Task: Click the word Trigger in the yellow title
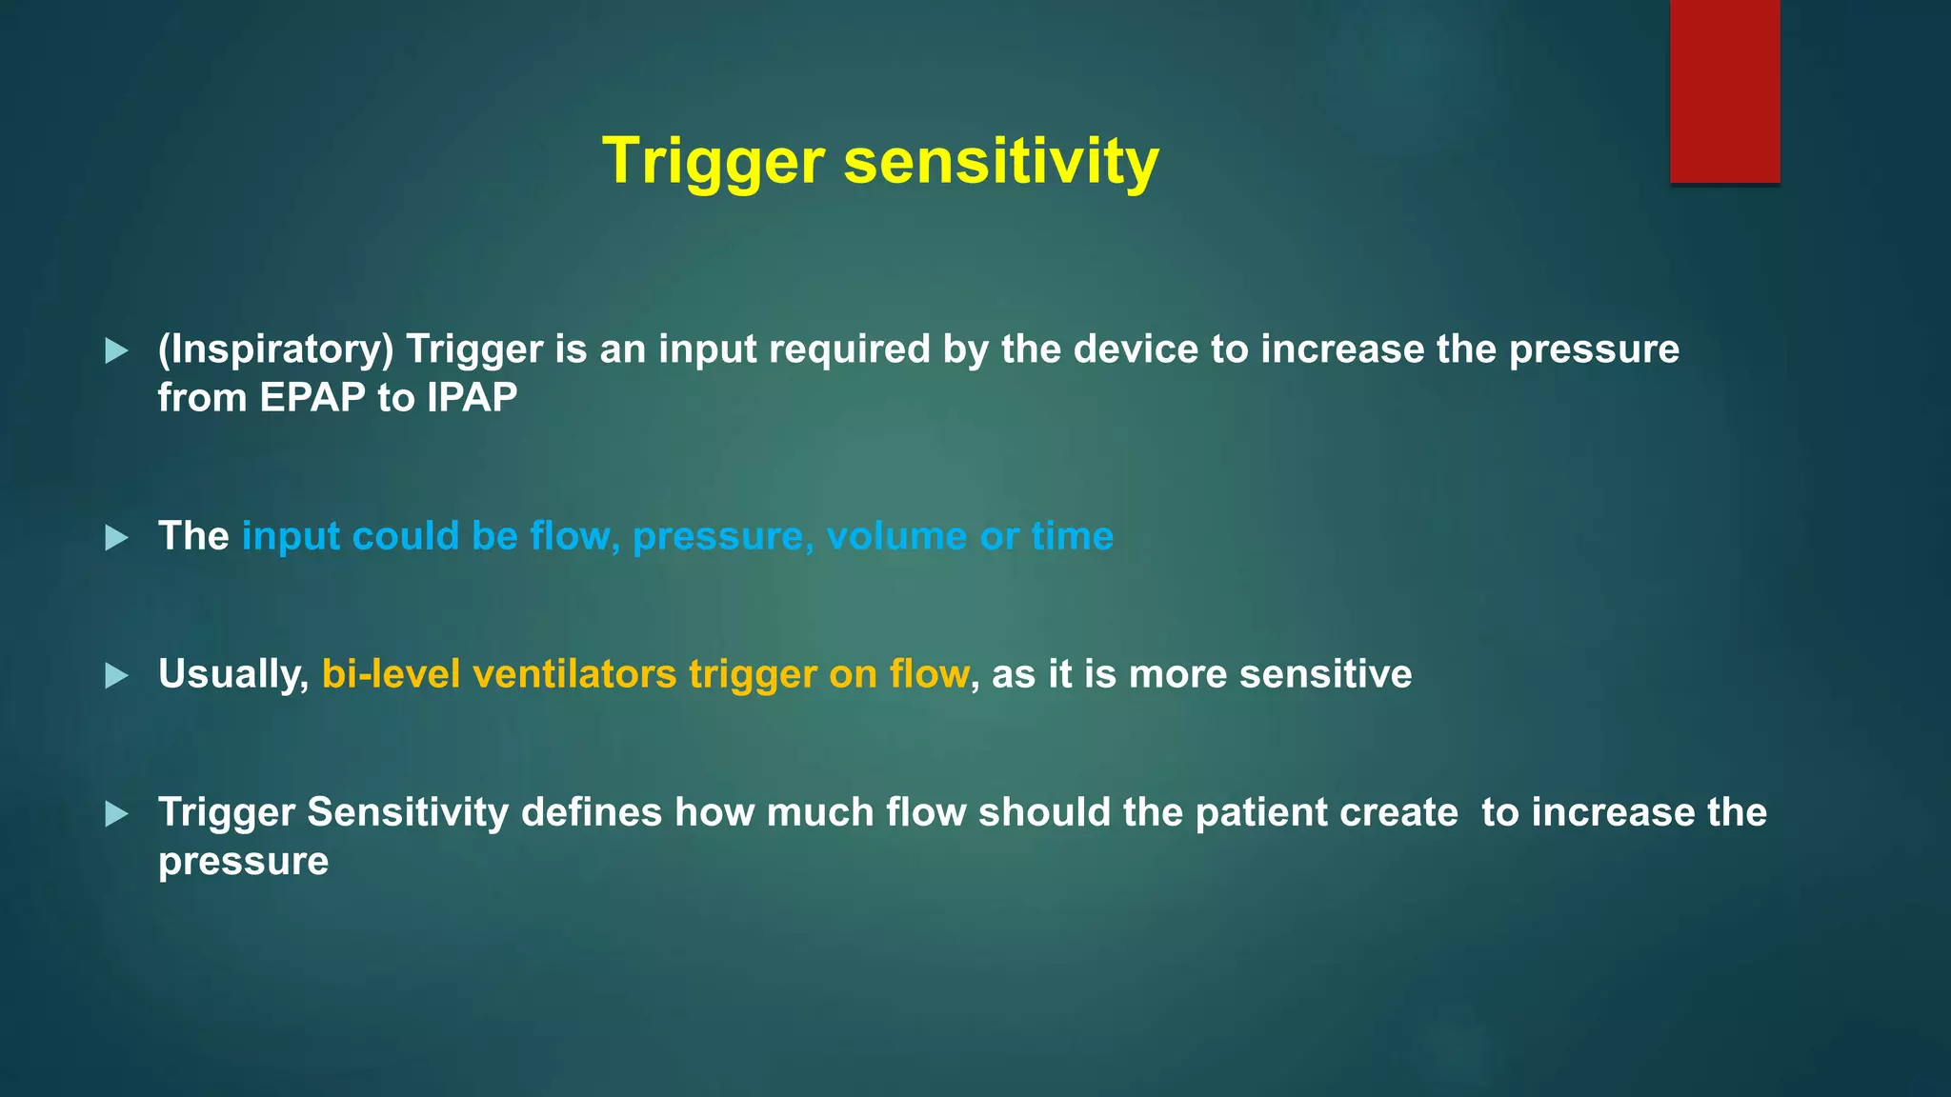click(713, 162)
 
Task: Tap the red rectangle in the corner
click(1724, 90)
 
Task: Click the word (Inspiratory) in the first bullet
click(275, 349)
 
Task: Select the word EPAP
click(312, 398)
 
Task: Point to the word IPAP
click(472, 398)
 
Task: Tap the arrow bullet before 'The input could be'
click(116, 538)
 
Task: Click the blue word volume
click(895, 537)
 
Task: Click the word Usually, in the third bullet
click(233, 675)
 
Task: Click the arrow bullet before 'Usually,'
click(116, 676)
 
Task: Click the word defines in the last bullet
click(591, 813)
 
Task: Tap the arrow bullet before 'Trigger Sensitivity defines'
click(116, 814)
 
